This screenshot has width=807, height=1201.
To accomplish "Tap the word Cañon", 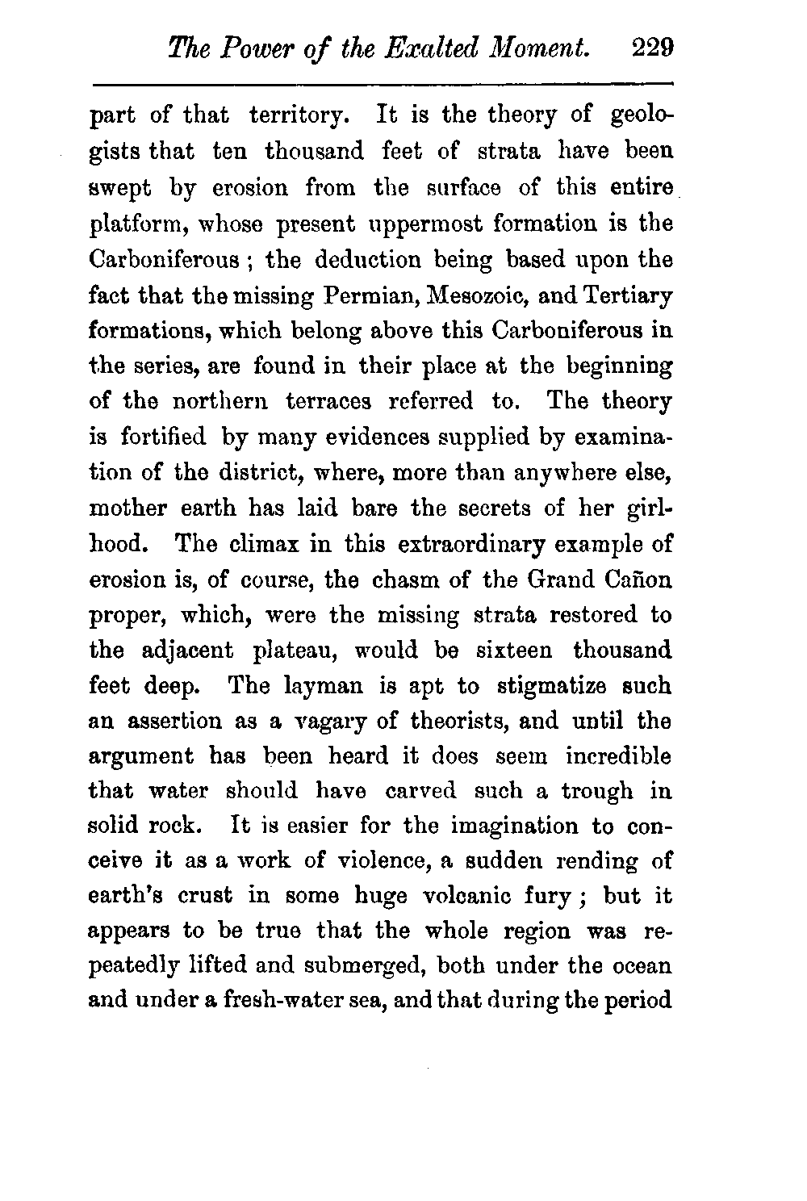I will coord(638,579).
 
